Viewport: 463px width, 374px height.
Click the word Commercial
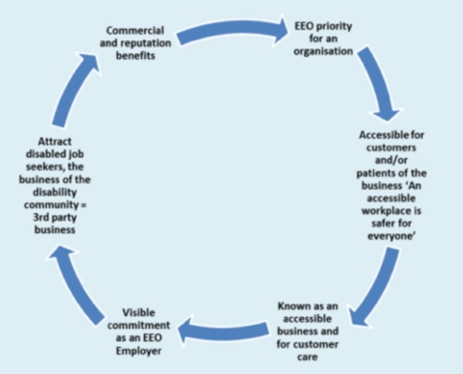coord(135,31)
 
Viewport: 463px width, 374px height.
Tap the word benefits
coord(136,56)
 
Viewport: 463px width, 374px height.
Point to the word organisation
coord(324,51)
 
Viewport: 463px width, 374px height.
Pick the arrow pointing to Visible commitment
coord(223,330)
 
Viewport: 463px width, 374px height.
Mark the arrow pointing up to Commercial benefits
coord(74,89)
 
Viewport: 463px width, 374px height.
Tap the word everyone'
coord(391,237)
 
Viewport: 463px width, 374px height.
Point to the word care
coord(308,357)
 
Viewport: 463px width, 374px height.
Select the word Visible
coord(138,312)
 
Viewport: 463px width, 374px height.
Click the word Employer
coord(138,351)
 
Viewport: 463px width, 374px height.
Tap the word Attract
coord(54,142)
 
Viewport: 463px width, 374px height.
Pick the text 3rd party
coord(55,218)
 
